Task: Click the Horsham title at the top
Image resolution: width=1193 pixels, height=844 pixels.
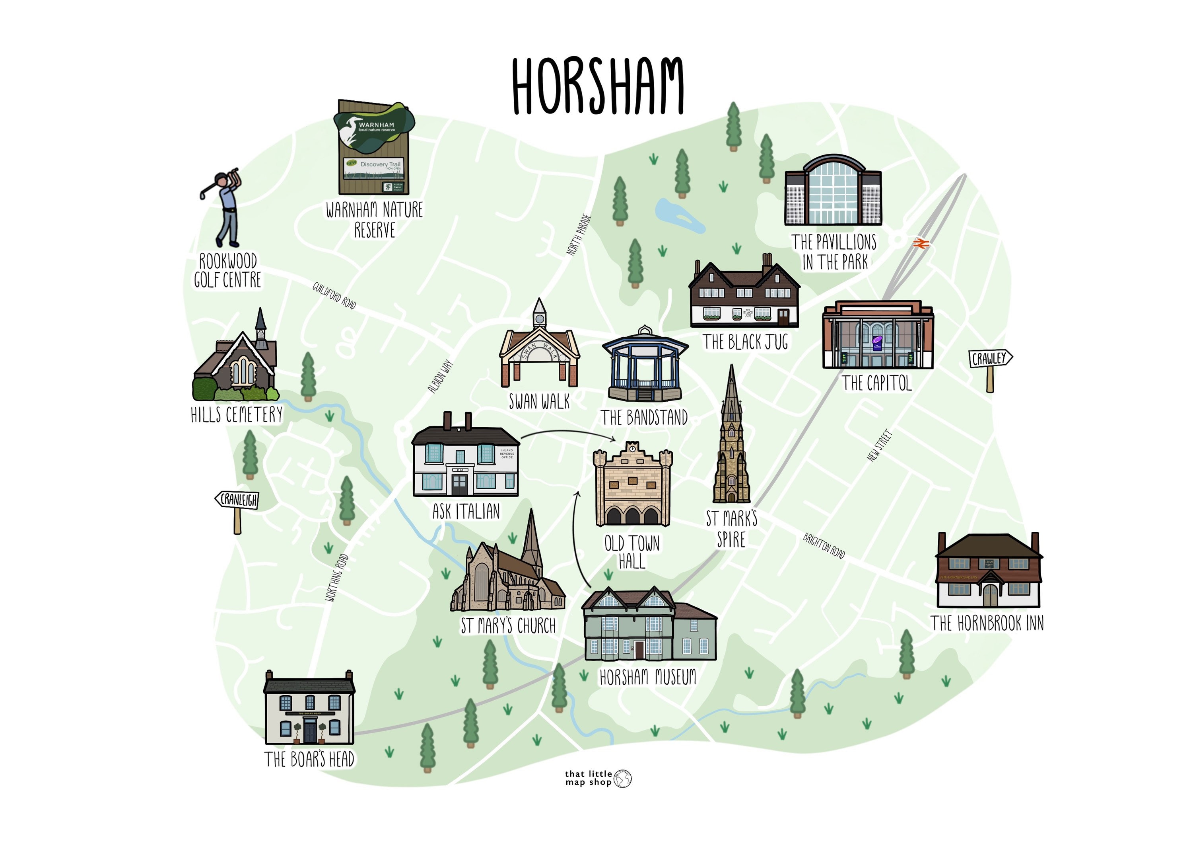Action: [598, 86]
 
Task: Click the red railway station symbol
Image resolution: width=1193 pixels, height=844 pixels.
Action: [920, 243]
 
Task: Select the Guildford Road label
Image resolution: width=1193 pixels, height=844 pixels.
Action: [334, 295]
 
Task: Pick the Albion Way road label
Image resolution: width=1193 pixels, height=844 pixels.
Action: [440, 377]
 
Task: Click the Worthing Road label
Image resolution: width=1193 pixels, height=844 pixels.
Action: [337, 578]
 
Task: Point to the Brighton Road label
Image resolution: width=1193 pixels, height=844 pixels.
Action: [824, 545]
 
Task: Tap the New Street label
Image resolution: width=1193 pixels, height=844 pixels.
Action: [880, 445]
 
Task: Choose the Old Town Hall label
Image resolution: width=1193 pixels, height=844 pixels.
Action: [632, 552]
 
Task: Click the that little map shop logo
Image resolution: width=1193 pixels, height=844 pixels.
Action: [598, 778]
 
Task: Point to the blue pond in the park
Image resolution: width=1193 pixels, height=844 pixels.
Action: [678, 216]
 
